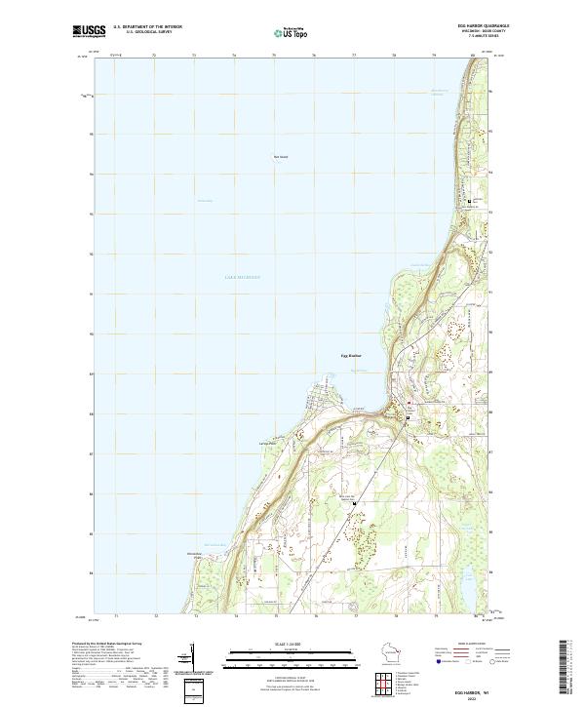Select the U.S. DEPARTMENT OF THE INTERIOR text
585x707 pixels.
pos(147,27)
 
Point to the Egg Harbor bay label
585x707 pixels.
pos(351,356)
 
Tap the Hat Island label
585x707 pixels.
pos(281,155)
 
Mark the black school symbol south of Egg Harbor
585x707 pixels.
pos(354,503)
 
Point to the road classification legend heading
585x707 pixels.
pos(473,645)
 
